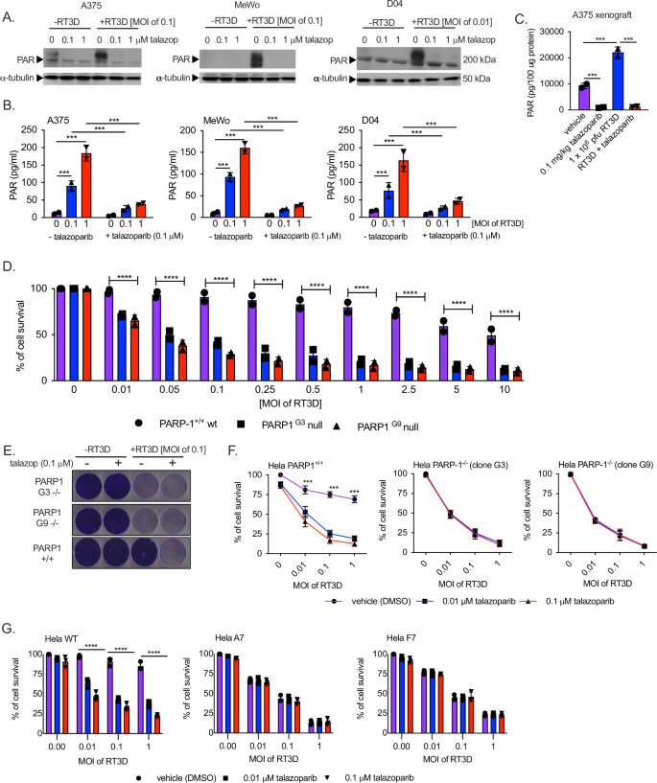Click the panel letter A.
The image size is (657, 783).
[x=9, y=16]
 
